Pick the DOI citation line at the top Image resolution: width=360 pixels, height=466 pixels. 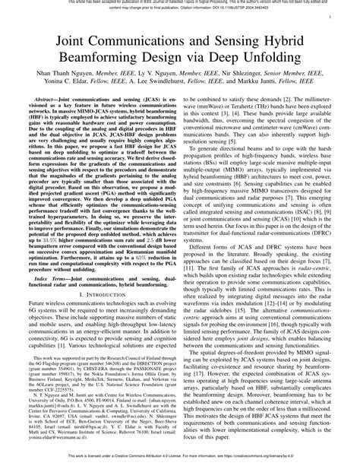point(180,10)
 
